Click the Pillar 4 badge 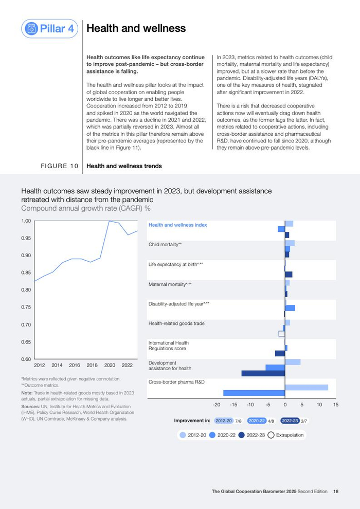[x=50, y=28]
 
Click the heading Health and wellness [x=136, y=28]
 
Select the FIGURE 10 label [x=60, y=166]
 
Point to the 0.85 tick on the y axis [x=26, y=272]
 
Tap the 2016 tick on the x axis [x=75, y=365]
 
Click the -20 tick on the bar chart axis [x=217, y=405]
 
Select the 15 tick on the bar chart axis [x=336, y=405]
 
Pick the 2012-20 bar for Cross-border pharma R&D [x=307, y=387]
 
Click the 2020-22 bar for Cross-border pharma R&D [x=254, y=393]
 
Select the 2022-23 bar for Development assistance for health [x=263, y=373]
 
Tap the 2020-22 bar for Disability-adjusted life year [x=290, y=308]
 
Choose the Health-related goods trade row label [x=176, y=323]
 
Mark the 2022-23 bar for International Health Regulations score [x=280, y=353]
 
